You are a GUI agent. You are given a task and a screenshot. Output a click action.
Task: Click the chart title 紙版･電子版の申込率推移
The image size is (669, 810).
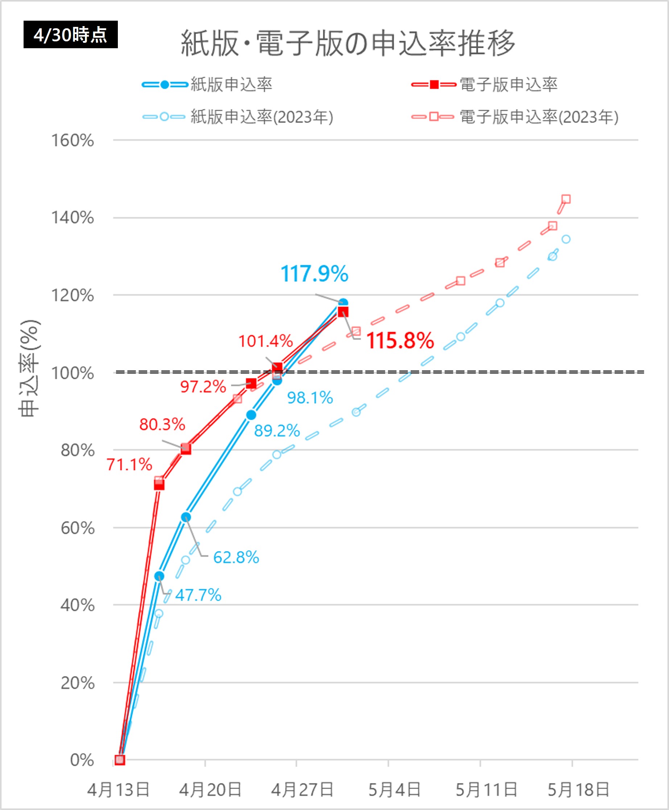tap(348, 42)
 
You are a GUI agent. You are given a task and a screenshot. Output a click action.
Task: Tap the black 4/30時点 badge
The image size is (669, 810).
tap(70, 35)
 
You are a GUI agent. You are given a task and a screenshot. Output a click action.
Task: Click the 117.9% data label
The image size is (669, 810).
tap(314, 274)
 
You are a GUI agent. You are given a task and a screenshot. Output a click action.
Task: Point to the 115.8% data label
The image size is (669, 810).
tap(400, 341)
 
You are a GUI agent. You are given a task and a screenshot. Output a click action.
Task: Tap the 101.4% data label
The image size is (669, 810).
tap(265, 341)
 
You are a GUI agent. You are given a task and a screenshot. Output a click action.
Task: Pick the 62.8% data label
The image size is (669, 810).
tap(236, 557)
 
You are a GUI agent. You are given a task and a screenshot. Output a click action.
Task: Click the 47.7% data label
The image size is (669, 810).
tap(198, 595)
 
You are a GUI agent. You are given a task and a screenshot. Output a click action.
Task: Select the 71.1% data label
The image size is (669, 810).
tap(129, 464)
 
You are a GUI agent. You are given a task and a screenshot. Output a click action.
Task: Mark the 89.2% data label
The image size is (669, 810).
tap(277, 430)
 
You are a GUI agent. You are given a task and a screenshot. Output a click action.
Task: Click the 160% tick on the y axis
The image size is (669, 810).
tap(73, 140)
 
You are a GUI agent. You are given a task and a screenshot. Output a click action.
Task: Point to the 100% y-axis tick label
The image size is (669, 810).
tap(73, 373)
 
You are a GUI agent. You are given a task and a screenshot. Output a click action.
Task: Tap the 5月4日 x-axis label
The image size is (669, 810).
tap(394, 790)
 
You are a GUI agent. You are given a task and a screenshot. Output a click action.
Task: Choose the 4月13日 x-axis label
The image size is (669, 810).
tap(118, 790)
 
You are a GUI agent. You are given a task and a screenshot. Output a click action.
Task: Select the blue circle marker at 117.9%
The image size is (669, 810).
tap(343, 303)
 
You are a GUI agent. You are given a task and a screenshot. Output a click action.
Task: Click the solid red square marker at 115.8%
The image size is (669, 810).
tap(343, 312)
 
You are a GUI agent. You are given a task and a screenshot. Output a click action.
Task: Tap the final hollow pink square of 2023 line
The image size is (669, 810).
tap(566, 199)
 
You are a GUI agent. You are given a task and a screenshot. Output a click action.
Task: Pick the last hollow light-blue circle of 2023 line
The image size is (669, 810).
tap(566, 239)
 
